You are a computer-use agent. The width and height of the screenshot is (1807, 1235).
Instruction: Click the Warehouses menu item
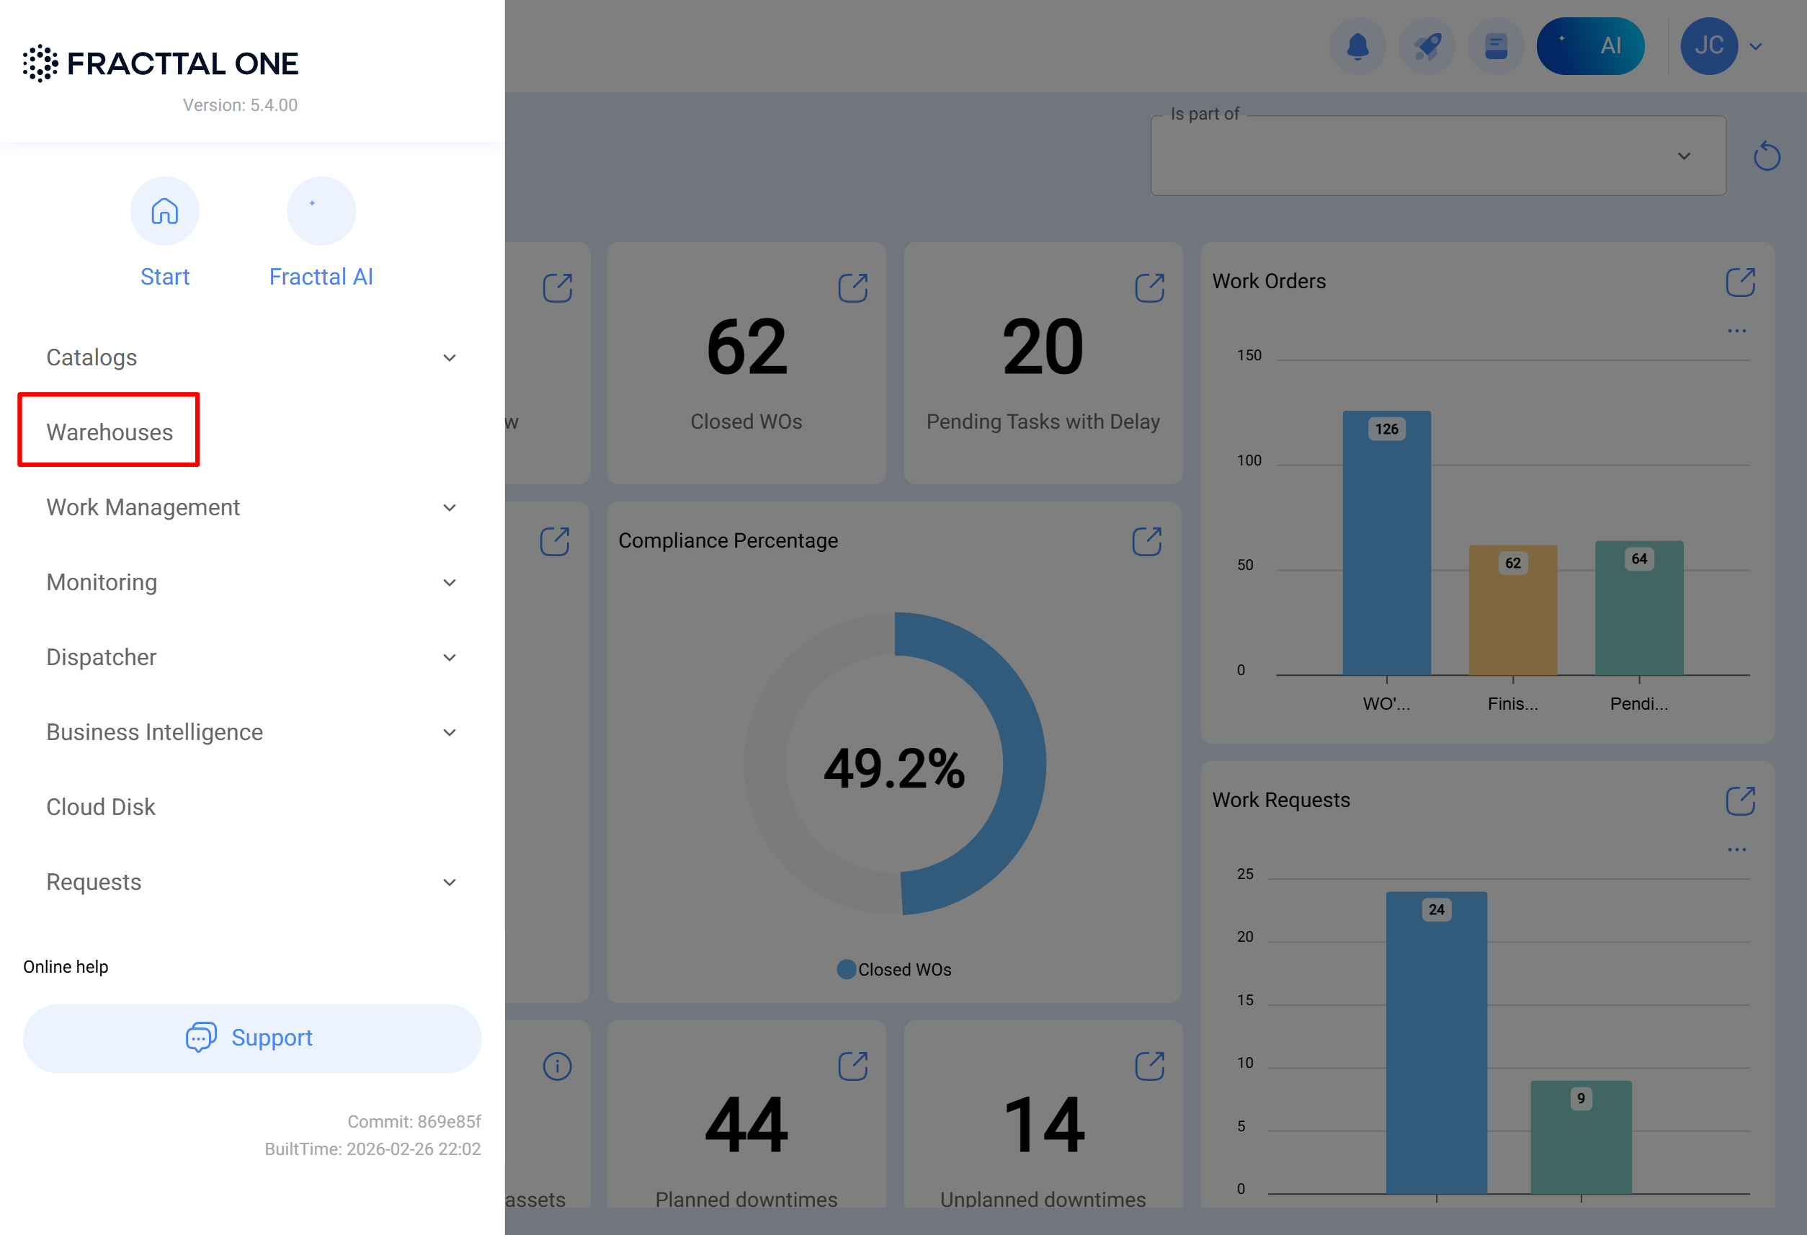(x=110, y=432)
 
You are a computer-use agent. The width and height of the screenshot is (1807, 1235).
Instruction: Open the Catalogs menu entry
(x=92, y=357)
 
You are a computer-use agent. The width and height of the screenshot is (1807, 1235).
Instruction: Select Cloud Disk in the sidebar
(x=101, y=806)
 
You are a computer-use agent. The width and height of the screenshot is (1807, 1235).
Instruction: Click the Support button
(x=252, y=1038)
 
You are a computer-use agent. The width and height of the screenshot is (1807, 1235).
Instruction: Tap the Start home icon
(x=165, y=211)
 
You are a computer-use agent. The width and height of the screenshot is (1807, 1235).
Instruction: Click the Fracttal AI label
(x=321, y=276)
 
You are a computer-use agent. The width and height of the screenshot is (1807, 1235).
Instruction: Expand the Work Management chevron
(x=450, y=508)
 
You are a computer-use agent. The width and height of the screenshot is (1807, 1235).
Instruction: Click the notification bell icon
(x=1357, y=46)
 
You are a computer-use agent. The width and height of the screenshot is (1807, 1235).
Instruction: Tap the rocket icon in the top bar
(x=1427, y=46)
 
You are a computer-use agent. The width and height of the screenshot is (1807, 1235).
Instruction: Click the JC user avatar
(x=1709, y=46)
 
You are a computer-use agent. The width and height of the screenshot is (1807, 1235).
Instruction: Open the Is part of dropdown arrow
(x=1684, y=156)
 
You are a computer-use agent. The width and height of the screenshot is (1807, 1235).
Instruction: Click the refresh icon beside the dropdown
(x=1767, y=156)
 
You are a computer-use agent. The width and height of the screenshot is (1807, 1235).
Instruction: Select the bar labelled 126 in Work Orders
(x=1386, y=545)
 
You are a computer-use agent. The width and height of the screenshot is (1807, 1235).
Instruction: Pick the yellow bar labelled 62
(x=1512, y=610)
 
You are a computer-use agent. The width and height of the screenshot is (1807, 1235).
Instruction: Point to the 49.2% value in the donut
(x=894, y=768)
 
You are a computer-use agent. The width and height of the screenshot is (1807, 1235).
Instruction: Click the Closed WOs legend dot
(x=846, y=969)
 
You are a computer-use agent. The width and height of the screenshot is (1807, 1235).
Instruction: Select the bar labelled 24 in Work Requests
(x=1436, y=1042)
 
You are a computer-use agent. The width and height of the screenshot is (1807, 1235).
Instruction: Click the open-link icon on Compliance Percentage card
(x=1147, y=541)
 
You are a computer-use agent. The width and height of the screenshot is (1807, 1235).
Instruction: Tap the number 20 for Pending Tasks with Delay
(x=1043, y=347)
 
